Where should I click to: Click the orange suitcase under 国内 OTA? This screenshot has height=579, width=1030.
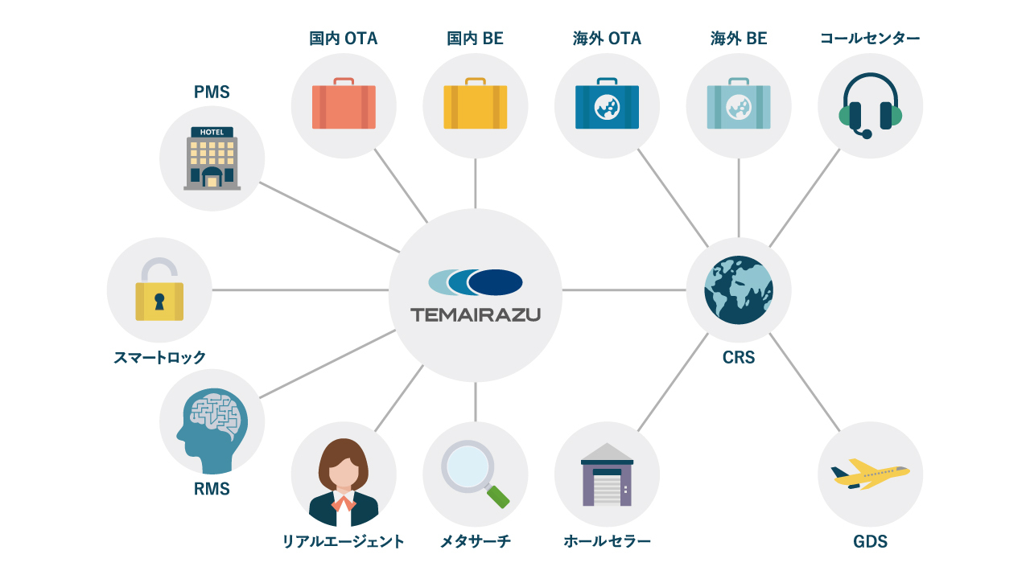[x=344, y=105]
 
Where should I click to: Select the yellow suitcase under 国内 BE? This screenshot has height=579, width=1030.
[x=476, y=105]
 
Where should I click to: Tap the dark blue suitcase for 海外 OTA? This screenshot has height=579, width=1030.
[x=607, y=105]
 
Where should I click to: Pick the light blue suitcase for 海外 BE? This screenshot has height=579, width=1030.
[x=739, y=105]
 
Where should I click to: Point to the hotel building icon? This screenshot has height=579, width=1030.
[x=212, y=158]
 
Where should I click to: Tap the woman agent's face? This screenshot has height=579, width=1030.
[x=344, y=473]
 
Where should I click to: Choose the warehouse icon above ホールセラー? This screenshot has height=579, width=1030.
[x=607, y=475]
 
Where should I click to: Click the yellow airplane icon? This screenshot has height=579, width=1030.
[x=869, y=474]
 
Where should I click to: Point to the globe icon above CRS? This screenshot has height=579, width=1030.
[x=739, y=289]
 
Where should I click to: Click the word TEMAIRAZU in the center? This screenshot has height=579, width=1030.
[x=476, y=314]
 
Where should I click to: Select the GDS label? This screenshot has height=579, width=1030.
[x=870, y=541]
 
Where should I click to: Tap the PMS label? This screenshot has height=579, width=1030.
[x=212, y=92]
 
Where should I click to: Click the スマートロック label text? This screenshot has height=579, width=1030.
[x=159, y=358]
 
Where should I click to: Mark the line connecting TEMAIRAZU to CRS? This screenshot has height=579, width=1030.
[x=624, y=289]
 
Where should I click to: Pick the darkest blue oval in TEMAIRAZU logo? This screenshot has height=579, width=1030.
[x=496, y=282]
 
